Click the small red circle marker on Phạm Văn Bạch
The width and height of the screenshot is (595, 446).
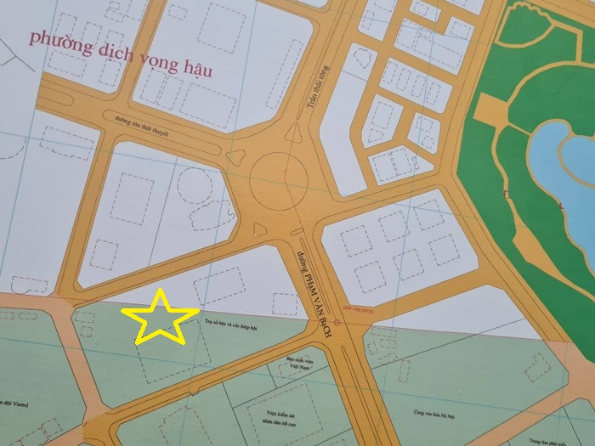[338, 323]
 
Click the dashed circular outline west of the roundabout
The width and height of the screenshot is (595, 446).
[195, 185]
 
